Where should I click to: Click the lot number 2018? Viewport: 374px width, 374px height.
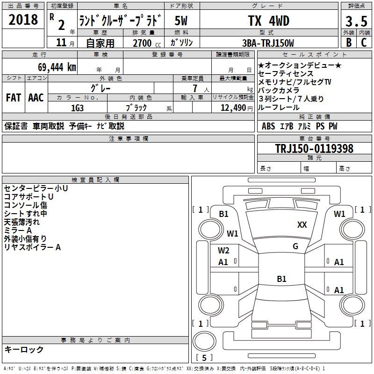(23, 20)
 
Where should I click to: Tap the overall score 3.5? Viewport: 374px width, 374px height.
(356, 22)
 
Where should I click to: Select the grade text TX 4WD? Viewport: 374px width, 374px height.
(269, 21)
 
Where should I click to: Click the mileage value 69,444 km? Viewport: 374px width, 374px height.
(57, 67)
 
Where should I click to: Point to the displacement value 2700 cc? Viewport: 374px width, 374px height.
(147, 43)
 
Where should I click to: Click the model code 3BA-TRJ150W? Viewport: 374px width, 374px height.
(268, 43)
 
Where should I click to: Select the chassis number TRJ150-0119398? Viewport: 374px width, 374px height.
(314, 149)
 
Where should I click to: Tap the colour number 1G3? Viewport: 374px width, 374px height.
(77, 108)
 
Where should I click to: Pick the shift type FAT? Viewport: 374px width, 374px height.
(14, 98)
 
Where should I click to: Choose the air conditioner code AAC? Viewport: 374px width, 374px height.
(36, 98)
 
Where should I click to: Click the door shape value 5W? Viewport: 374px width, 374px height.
(181, 21)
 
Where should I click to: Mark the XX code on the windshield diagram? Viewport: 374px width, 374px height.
(302, 225)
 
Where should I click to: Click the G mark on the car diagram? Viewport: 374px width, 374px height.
(295, 246)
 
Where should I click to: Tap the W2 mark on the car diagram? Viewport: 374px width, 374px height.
(223, 251)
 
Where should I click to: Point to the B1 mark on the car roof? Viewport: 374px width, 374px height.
(281, 279)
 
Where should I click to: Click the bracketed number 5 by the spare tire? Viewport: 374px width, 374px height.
(204, 358)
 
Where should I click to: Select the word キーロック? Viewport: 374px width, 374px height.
(24, 350)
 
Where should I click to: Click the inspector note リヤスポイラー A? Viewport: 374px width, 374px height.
(32, 247)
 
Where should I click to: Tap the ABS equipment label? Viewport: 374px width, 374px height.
(268, 126)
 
